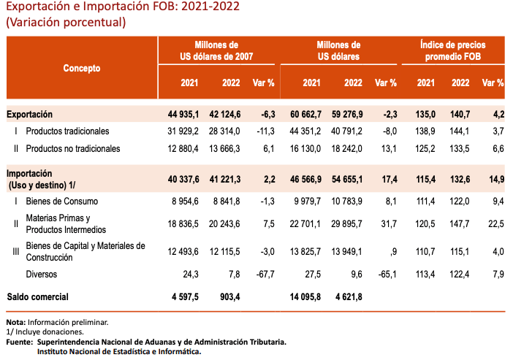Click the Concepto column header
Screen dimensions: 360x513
pos(82,68)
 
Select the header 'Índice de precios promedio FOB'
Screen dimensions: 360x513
pos(463,50)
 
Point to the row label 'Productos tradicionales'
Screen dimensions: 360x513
pos(67,131)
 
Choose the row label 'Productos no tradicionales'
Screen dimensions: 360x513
pos(73,149)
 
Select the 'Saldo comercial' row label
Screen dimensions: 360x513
pos(37,297)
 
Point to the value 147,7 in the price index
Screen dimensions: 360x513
pos(460,223)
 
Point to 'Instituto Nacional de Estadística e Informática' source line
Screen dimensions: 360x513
pos(119,351)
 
